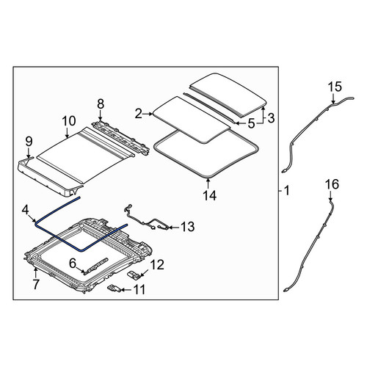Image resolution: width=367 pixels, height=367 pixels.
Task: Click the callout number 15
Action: coord(335,87)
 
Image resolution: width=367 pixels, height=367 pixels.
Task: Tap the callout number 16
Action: coord(332,184)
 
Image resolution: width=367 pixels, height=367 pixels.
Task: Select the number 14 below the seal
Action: coord(210,195)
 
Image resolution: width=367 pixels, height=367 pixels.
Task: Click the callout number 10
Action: coord(69,121)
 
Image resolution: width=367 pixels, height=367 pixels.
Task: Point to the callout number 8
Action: coord(101,104)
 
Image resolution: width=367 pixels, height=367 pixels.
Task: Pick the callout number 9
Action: coord(29,142)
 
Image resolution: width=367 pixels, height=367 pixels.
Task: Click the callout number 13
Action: coord(188,227)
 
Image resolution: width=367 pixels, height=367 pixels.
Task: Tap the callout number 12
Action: coord(157,265)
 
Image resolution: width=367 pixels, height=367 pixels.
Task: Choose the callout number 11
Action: coord(139,290)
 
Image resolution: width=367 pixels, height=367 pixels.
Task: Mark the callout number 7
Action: coord(36,284)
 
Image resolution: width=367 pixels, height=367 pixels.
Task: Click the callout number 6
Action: coord(73,264)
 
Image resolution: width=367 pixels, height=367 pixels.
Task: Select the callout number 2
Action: coord(139,114)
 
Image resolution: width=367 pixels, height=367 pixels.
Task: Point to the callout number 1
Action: coord(286,190)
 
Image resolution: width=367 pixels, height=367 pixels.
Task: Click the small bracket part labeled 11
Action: coord(114,288)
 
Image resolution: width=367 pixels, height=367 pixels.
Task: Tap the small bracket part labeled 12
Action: coord(134,275)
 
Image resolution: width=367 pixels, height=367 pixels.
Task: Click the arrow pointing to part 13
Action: coord(174,228)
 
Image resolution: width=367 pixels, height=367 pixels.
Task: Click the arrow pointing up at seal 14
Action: coord(208,183)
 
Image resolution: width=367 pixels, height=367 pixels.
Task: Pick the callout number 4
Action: coord(26,210)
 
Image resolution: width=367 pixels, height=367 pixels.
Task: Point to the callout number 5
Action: coord(251,124)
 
